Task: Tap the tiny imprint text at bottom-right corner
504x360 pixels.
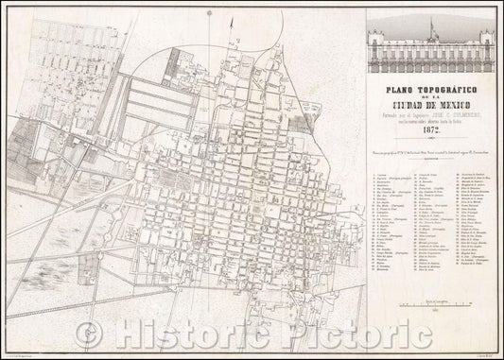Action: (478, 351)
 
